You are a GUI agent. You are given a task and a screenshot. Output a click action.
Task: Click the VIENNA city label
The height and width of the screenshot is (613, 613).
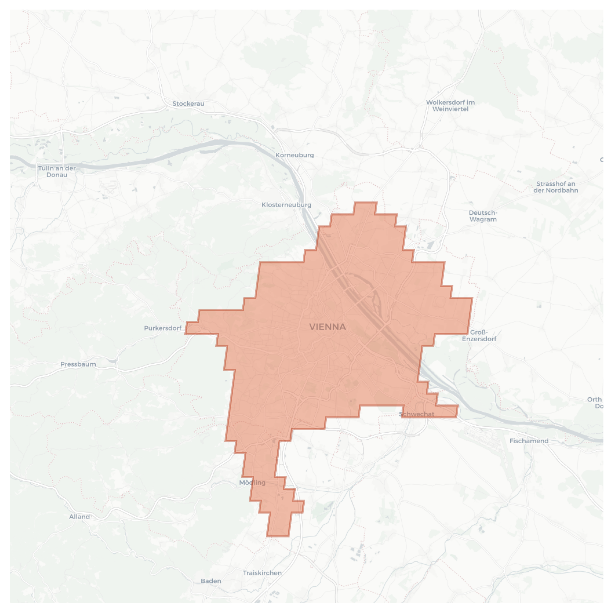tap(327, 327)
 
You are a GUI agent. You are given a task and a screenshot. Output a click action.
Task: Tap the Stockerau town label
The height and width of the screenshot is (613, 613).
tap(188, 104)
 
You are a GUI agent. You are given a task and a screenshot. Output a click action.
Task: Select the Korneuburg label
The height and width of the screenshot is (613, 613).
tap(294, 155)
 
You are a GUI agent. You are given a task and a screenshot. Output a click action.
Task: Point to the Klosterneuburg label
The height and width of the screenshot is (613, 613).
tap(286, 205)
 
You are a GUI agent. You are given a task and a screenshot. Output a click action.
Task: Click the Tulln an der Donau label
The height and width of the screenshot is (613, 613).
tap(57, 171)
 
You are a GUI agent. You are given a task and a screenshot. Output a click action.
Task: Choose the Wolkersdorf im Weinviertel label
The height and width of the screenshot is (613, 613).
tap(450, 106)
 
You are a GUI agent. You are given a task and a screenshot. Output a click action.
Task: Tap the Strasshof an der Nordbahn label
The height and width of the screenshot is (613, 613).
tap(556, 187)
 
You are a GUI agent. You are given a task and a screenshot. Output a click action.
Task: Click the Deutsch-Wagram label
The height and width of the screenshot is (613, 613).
tap(483, 216)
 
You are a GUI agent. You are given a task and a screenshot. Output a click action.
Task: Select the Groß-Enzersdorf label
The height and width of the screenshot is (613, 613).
tap(479, 335)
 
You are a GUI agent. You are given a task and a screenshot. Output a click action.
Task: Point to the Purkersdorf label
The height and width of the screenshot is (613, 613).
tap(163, 328)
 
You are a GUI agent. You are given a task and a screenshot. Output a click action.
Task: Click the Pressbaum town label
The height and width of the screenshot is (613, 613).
tap(78, 364)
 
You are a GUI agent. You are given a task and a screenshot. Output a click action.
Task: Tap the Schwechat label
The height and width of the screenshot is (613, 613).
tap(416, 414)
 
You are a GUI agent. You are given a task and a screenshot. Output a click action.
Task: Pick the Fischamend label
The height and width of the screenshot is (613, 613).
tap(529, 441)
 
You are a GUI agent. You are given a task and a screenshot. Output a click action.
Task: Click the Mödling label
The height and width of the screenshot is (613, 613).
tap(252, 482)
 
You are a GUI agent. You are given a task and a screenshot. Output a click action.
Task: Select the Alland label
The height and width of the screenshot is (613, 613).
tap(79, 517)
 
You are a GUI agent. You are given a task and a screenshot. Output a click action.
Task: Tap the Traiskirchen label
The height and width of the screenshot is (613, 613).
tap(262, 573)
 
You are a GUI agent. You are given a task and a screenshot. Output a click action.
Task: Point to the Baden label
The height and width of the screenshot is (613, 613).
tap(211, 581)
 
